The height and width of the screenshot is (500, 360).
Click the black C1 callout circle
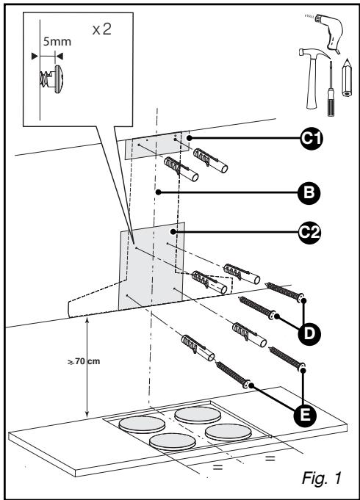coord(312,138)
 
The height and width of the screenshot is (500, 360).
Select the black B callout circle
coord(309,193)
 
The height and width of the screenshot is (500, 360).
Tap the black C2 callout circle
coord(309,233)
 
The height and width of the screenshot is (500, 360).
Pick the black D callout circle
coord(309,333)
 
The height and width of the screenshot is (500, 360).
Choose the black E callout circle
coord(305,415)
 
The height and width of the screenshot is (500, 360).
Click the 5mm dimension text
coord(57,41)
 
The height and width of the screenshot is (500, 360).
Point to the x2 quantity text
coord(102,29)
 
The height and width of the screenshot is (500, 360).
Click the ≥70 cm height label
coord(84,361)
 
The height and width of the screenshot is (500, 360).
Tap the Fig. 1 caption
coord(321,478)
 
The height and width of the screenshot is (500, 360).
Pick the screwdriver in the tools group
coord(331,89)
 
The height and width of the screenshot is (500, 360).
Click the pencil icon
coord(347,78)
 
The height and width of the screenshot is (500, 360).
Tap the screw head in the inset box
coord(59,79)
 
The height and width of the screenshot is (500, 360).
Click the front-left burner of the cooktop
coord(173,442)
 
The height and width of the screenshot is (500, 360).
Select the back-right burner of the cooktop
coord(198,416)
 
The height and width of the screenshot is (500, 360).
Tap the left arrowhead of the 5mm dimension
coord(35,57)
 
